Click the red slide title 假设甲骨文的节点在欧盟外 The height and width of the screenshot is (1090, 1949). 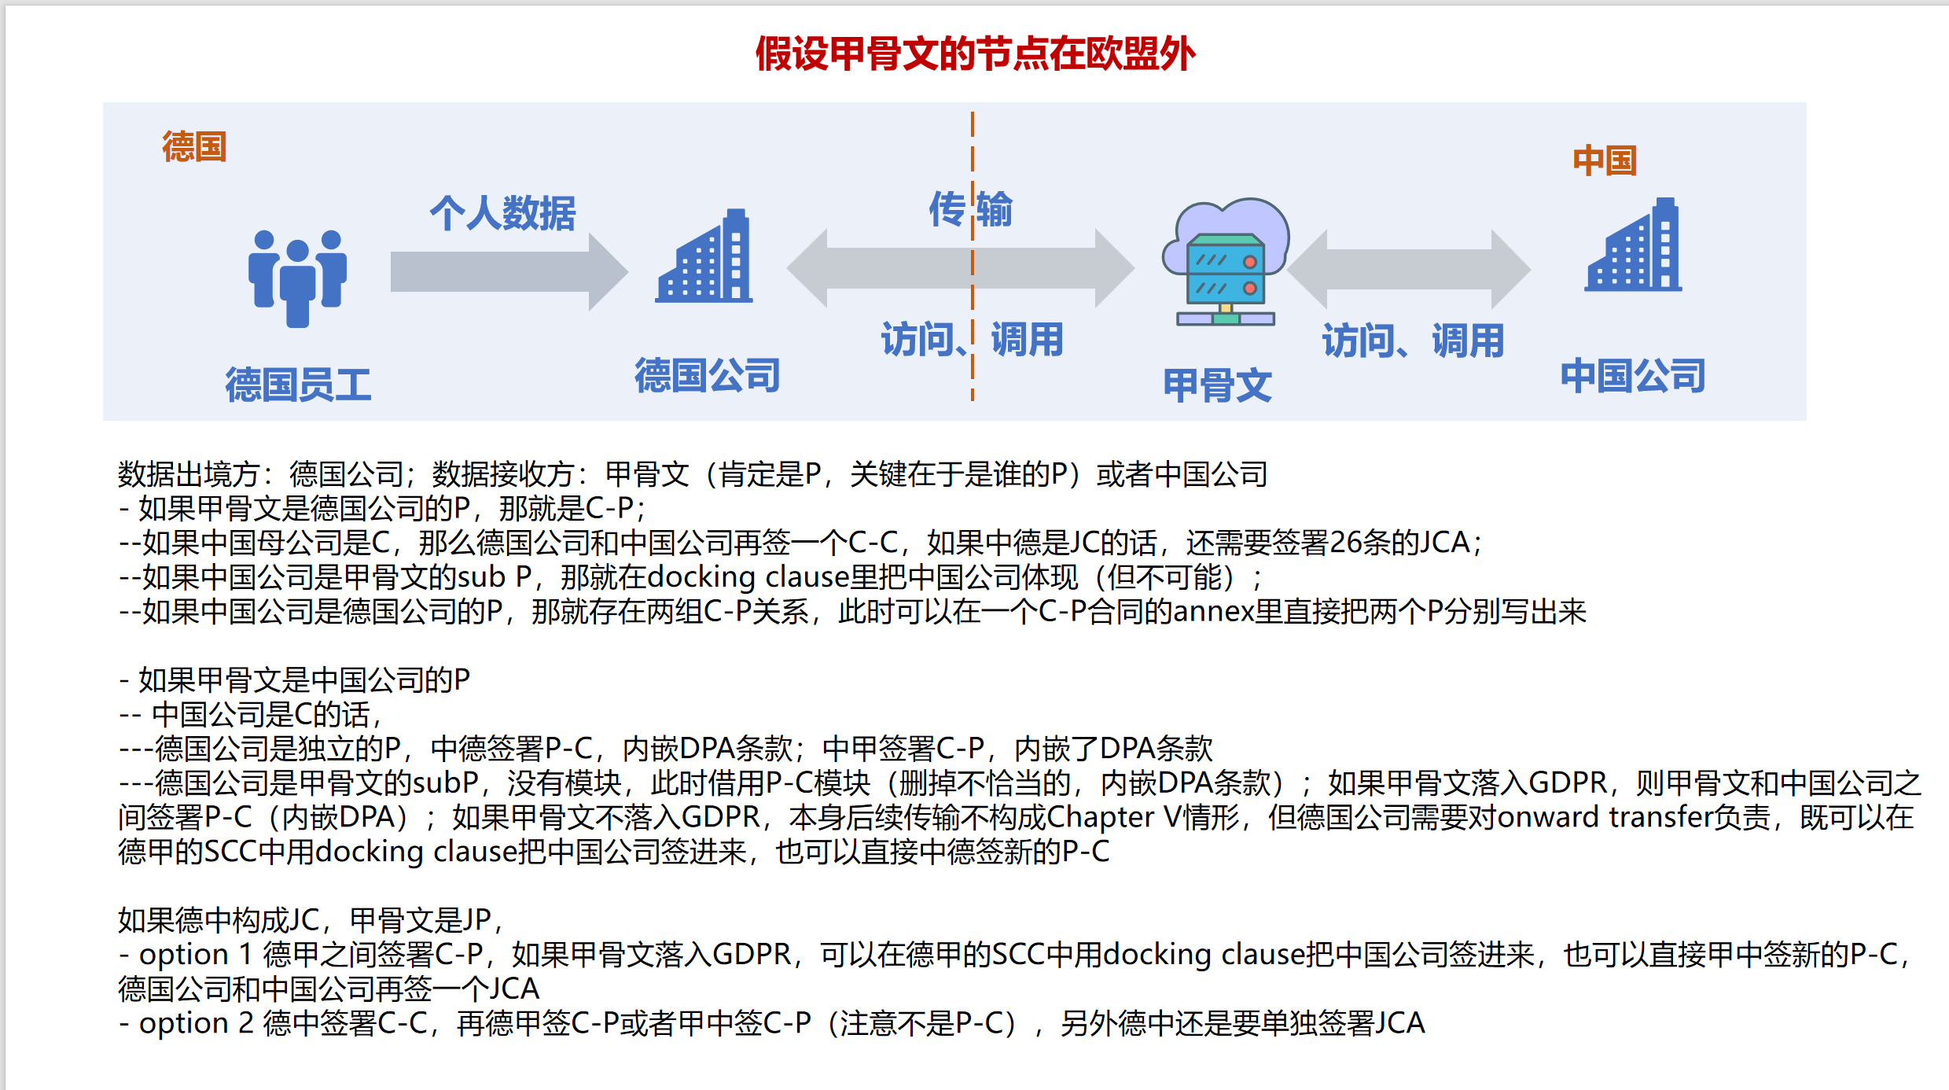click(x=975, y=54)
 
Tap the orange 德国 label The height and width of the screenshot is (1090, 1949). click(x=194, y=147)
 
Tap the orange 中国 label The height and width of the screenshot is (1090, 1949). click(x=1604, y=160)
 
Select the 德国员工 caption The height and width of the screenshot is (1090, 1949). click(x=298, y=385)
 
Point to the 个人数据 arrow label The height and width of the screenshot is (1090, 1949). click(x=502, y=213)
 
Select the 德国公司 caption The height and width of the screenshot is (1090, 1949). click(x=707, y=375)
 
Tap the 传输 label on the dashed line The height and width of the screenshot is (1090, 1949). click(x=970, y=209)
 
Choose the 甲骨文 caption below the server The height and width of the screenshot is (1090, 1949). click(x=1217, y=385)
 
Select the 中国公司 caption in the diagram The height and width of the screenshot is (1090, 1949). click(x=1633, y=375)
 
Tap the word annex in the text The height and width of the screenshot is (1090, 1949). click(x=1212, y=612)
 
